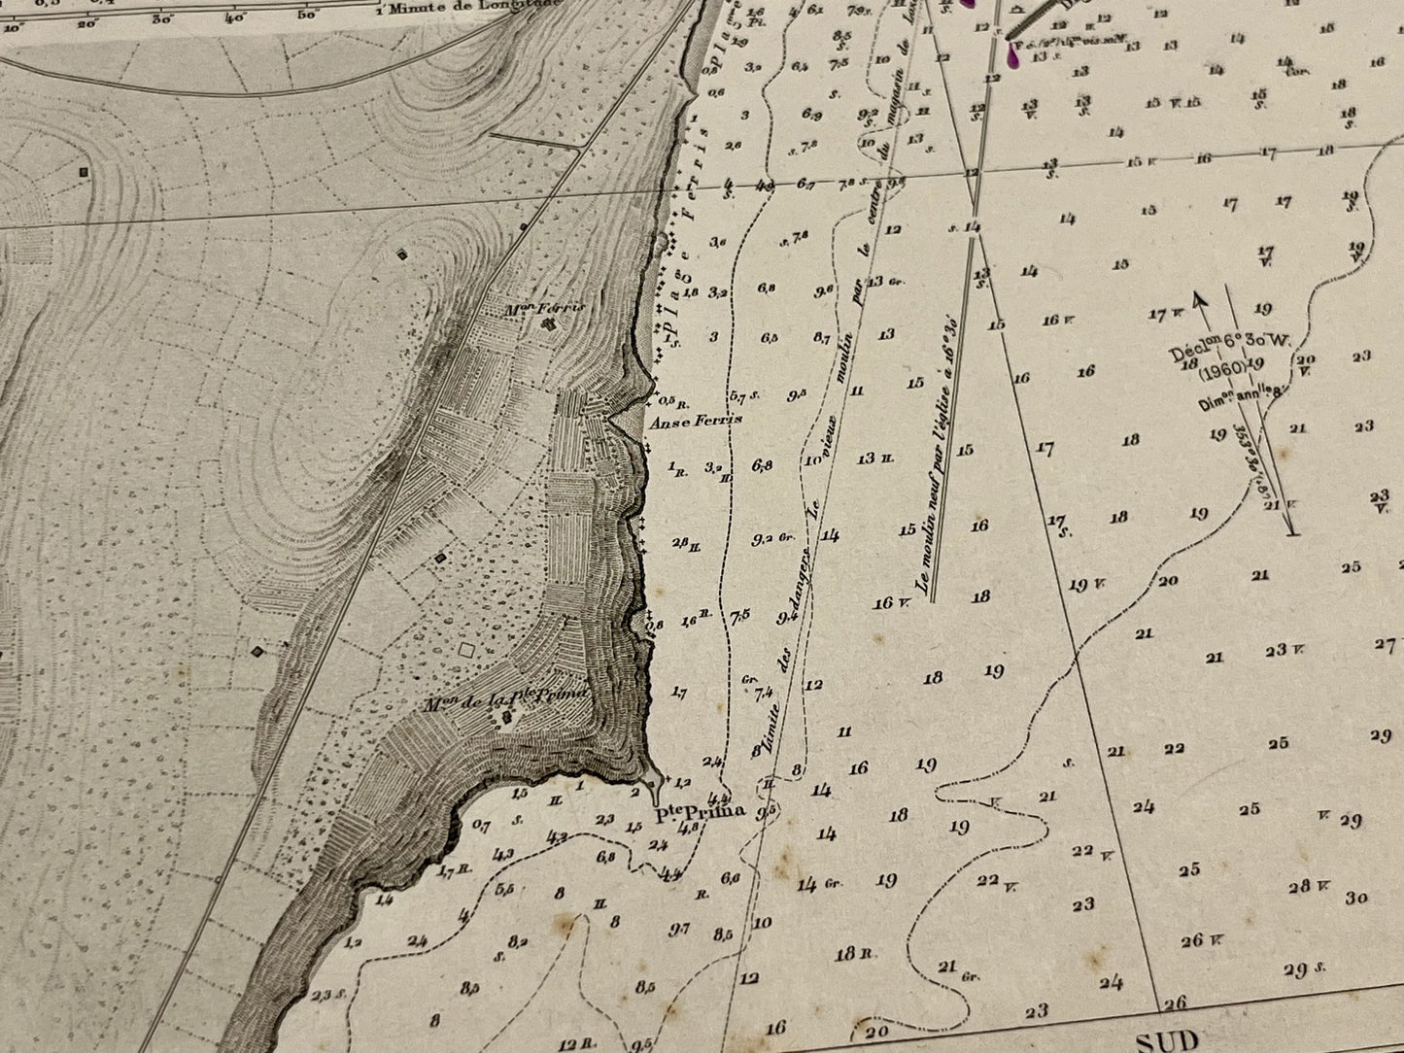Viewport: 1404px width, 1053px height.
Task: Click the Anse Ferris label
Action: coord(695,420)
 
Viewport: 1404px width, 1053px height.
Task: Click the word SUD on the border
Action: coord(1167,1040)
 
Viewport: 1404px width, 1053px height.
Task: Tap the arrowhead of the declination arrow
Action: coord(1199,300)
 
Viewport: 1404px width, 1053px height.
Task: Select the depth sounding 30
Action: coord(1358,899)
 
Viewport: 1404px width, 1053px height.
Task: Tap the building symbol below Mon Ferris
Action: coord(550,323)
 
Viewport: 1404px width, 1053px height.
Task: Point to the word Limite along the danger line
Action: coord(771,720)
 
